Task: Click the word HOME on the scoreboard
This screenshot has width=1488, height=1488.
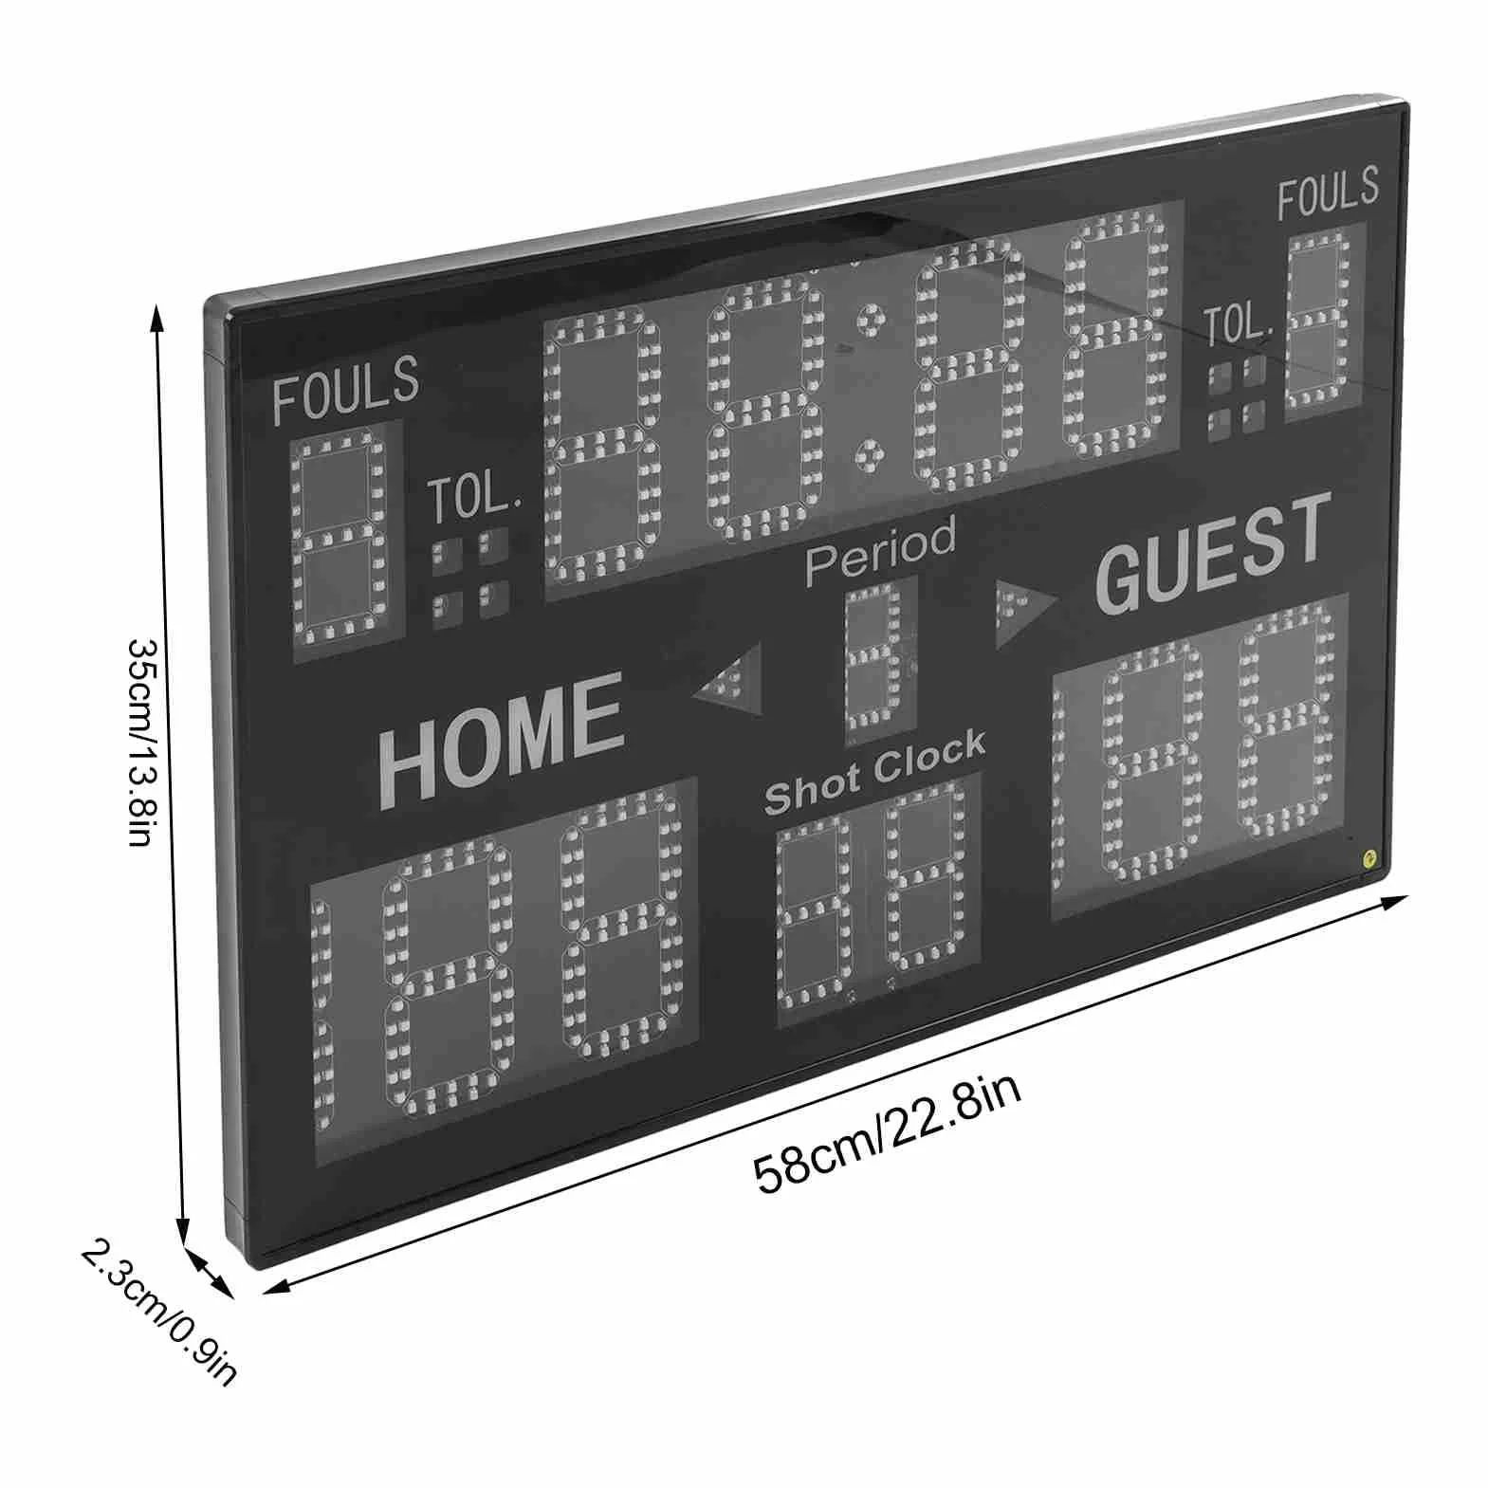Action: pos(502,738)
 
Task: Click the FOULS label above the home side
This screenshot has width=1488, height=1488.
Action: pos(346,389)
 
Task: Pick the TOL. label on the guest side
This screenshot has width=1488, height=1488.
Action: pos(1237,325)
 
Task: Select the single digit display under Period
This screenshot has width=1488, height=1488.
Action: pos(881,659)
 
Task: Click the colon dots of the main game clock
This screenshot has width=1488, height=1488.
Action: pos(867,390)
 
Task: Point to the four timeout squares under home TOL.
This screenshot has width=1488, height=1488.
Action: pos(471,578)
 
